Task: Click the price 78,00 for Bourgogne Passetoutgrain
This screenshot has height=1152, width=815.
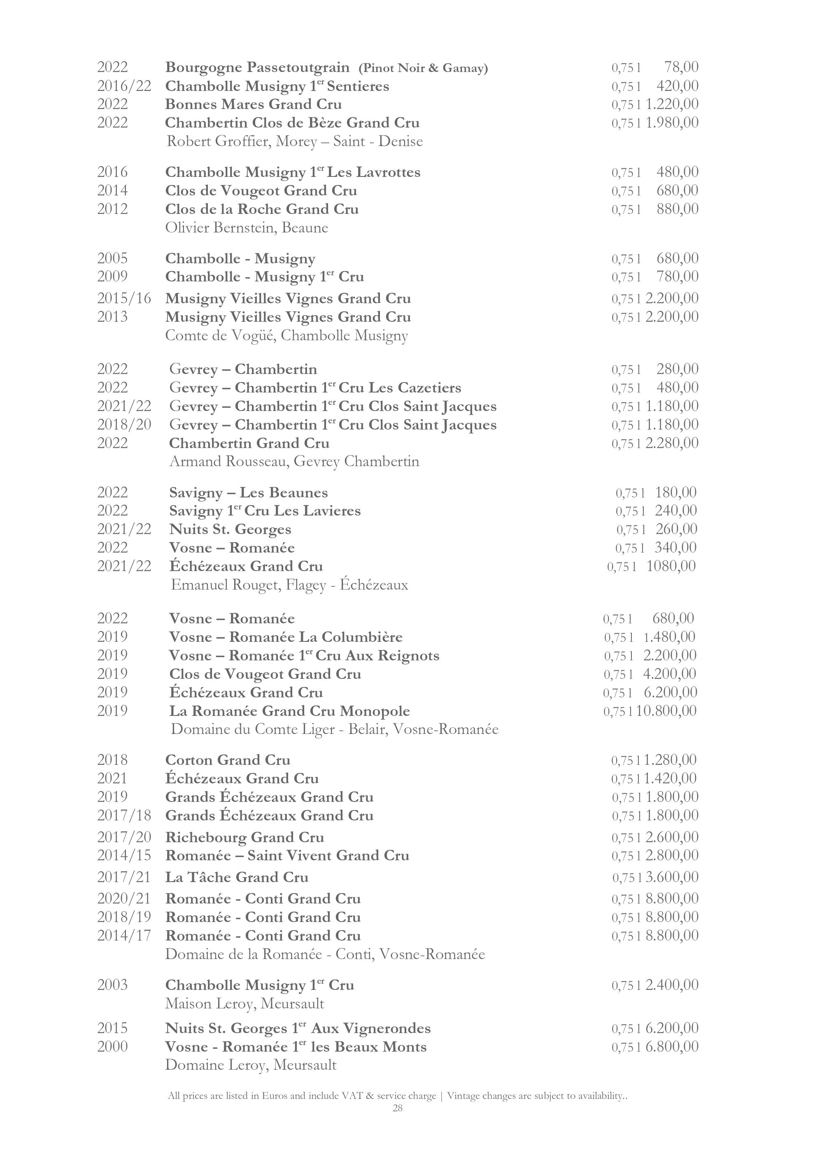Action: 681,67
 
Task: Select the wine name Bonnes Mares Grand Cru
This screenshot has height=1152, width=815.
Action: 254,105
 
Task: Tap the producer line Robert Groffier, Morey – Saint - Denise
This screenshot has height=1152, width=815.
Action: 295,142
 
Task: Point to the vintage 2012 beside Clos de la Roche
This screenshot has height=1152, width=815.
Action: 112,209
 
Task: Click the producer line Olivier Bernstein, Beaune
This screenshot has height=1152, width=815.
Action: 247,228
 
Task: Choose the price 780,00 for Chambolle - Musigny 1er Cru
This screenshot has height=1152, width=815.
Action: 677,276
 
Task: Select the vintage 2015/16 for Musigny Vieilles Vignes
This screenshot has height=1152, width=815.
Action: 124,299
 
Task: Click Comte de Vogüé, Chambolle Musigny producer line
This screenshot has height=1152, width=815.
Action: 286,336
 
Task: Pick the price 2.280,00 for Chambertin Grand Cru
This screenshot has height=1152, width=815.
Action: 671,443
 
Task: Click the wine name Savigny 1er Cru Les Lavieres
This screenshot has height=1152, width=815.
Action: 265,511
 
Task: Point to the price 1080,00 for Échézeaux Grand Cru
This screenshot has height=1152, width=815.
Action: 671,567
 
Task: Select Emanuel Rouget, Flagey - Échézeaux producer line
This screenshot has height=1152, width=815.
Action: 289,585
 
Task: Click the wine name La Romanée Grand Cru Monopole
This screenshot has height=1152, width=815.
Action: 289,711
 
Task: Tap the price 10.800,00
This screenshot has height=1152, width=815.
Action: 666,711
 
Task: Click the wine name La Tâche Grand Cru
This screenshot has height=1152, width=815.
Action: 237,878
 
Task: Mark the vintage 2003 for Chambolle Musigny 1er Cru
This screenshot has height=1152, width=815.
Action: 112,985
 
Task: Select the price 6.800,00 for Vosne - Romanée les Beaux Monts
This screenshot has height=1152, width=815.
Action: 671,1047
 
